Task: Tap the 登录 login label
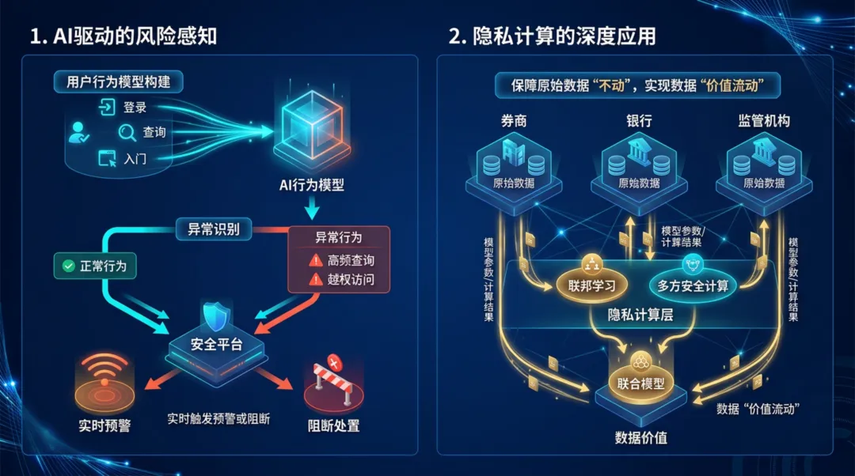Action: click(x=135, y=108)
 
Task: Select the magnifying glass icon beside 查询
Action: click(x=127, y=132)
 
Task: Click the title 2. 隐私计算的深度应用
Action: click(x=552, y=36)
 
